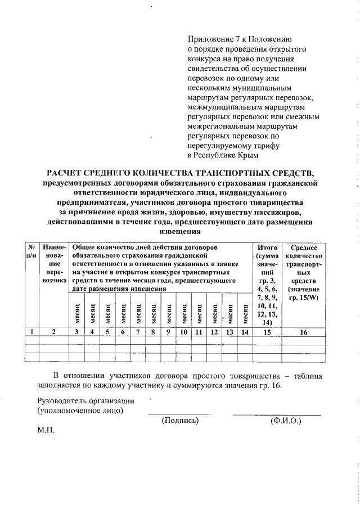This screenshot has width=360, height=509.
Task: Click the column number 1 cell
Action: (31, 332)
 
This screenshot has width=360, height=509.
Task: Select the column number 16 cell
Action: (304, 332)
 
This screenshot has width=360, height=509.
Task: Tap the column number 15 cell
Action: (267, 332)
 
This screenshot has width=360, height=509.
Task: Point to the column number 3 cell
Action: (76, 332)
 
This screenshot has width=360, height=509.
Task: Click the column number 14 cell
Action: (244, 332)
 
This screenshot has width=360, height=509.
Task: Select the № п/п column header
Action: (31, 251)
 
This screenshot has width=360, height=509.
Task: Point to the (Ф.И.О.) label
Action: (286, 420)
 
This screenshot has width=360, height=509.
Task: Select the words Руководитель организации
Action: (86, 400)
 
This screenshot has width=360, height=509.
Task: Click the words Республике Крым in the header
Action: (226, 154)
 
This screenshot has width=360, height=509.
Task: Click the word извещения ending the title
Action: (180, 231)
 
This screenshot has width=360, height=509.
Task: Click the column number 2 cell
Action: (54, 332)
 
